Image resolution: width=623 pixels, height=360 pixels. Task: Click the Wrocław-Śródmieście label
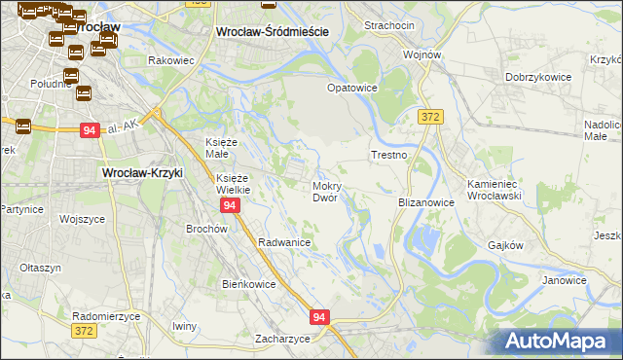271,32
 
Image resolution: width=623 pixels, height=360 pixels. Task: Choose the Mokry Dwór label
325,191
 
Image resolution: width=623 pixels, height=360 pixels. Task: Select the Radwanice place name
284,242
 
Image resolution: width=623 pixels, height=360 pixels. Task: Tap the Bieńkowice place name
249,284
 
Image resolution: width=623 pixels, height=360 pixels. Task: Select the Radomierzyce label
106,317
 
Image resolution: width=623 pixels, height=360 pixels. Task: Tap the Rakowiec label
171,60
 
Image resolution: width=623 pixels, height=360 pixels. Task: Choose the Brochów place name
206,229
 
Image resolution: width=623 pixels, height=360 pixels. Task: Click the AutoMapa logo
560,340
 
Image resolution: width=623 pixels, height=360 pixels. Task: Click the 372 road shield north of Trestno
429,117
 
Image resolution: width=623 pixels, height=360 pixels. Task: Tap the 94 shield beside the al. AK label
91,129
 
